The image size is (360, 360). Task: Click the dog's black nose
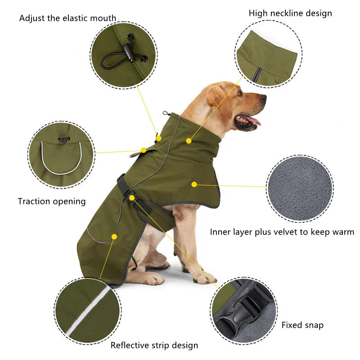[263, 97]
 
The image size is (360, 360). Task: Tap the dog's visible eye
[240, 94]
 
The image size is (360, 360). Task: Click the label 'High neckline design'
[290, 13]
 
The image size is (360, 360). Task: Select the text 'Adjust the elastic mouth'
[67, 18]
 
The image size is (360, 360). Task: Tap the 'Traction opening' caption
[52, 201]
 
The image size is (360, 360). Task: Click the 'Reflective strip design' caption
[154, 345]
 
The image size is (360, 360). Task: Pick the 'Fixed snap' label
[302, 325]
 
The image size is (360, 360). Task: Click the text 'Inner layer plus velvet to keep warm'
[282, 232]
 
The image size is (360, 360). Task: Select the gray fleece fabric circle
[300, 189]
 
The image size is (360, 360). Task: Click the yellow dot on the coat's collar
[189, 141]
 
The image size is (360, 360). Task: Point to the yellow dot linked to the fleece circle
[194, 184]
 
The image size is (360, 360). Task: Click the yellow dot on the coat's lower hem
[114, 236]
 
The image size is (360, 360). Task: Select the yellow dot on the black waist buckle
[131, 198]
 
